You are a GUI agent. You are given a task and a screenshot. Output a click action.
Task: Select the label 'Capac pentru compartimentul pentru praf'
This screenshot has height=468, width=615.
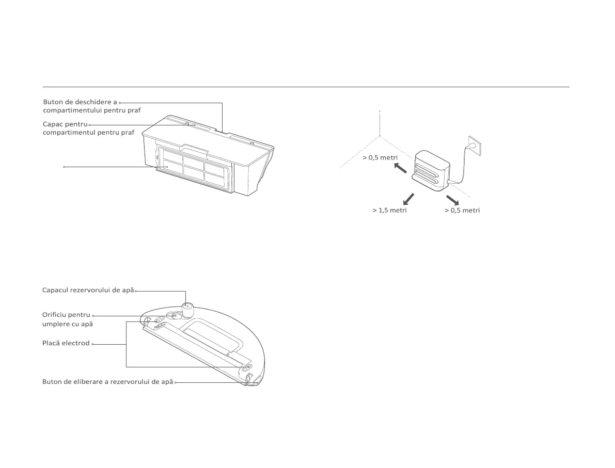88,128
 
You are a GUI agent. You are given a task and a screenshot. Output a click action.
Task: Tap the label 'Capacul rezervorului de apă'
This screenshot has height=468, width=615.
88,291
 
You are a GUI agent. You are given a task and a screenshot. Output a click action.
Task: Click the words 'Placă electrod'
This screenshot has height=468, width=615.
66,343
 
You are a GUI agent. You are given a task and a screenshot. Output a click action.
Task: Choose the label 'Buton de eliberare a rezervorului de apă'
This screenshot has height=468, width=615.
107,382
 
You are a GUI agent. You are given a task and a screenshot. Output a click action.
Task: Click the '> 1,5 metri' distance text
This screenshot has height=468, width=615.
389,211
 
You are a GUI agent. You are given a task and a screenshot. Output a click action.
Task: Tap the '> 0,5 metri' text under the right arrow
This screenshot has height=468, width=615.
462,211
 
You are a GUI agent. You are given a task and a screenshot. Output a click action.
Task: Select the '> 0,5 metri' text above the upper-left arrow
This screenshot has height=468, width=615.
380,157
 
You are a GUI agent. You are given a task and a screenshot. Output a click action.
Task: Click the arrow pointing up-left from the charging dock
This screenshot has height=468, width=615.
400,168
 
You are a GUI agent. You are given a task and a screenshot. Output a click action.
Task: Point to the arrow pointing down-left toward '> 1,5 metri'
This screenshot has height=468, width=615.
408,198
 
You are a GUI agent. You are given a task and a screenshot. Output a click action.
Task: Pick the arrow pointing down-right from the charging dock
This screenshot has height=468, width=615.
452,200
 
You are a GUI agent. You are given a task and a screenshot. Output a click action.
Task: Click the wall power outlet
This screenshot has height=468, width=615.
475,145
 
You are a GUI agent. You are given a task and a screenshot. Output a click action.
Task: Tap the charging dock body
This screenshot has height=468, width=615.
433,168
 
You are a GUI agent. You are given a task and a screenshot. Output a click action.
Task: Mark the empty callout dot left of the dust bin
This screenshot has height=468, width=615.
64,167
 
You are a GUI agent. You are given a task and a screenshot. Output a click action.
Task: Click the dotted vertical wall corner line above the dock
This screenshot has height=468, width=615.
380,123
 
